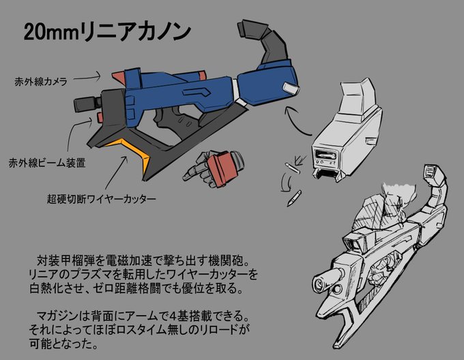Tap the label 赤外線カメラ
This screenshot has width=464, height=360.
pos(40,80)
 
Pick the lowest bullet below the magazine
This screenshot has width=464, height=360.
pos(293,198)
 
